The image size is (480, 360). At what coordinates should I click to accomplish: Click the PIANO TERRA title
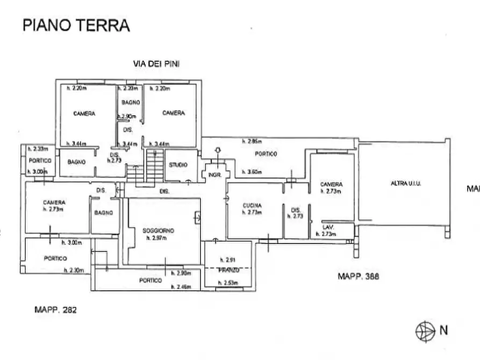[76, 25]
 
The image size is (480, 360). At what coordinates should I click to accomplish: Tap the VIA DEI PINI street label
[156, 63]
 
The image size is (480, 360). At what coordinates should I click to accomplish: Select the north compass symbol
[425, 330]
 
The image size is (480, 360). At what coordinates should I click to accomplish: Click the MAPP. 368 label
[359, 277]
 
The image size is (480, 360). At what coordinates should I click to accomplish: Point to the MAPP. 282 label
[55, 309]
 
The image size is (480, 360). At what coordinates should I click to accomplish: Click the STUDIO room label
[178, 165]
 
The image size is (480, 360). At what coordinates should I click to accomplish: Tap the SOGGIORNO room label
[159, 231]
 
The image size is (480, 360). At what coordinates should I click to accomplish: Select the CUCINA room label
[252, 206]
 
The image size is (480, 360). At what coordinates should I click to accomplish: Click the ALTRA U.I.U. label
[406, 184]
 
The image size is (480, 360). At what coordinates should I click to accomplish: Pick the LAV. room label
[328, 227]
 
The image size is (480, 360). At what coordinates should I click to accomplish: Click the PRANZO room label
[228, 270]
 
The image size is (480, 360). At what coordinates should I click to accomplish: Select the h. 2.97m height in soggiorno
[158, 237]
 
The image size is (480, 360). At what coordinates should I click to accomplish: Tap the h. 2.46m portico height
[181, 287]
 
